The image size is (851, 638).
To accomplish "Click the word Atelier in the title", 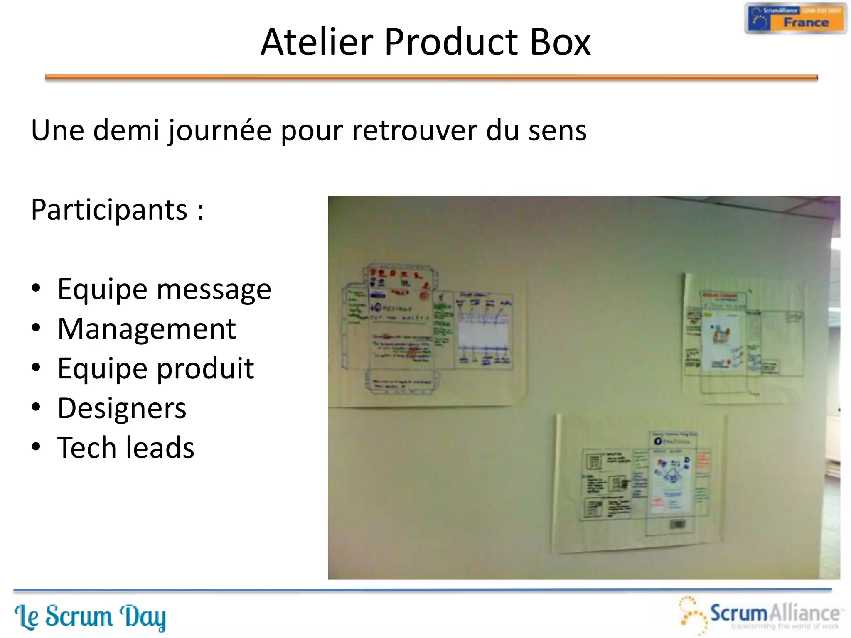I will click(317, 42).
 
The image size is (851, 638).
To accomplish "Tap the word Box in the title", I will click(560, 42).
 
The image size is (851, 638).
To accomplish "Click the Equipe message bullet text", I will click(164, 289).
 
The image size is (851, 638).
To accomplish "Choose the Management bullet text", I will click(147, 329).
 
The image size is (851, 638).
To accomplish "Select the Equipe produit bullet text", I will click(155, 369).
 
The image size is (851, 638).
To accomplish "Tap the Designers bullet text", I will click(122, 408).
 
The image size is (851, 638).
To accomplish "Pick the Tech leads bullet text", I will click(125, 448).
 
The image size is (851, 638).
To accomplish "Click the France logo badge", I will click(795, 19).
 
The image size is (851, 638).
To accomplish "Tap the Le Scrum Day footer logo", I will click(90, 616).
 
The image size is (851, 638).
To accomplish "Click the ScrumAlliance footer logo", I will click(760, 615).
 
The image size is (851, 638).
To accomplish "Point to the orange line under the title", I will click(431, 77).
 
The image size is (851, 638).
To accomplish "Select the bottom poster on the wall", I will click(640, 484).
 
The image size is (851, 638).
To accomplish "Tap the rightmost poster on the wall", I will click(744, 339).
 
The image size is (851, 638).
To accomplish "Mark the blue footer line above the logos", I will click(422, 589).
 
